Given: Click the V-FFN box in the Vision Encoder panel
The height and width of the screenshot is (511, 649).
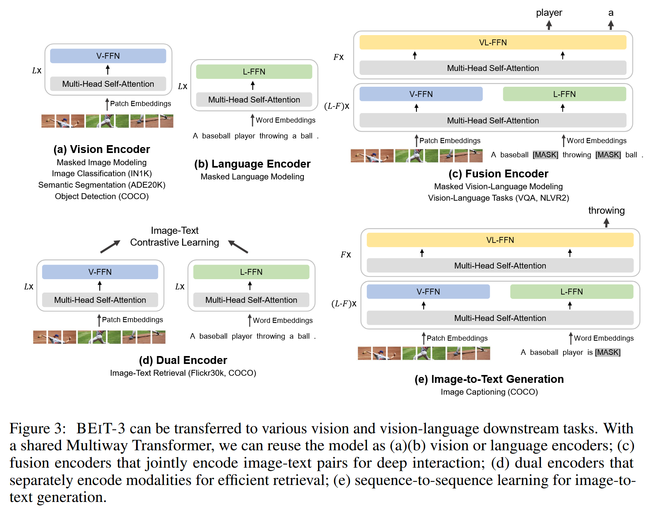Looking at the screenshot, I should pos(108,56).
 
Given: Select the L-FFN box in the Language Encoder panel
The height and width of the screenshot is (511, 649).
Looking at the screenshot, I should pos(254,72).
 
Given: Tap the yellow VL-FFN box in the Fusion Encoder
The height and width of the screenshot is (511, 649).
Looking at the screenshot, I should pos(493,43).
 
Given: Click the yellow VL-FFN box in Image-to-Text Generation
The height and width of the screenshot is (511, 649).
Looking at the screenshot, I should pos(500,240).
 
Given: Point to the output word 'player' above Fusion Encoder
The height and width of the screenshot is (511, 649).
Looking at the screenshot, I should pos(549,13).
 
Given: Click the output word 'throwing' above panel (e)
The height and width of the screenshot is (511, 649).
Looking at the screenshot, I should pos(606,211).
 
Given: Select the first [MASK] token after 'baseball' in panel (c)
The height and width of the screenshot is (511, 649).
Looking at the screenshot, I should pos(545,155).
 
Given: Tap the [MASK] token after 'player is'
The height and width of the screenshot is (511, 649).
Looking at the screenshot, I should pos(608,352).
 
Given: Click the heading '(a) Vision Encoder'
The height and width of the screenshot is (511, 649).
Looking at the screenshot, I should pos(102,149).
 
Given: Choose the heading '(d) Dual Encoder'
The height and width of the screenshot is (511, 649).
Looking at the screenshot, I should pos(183,360).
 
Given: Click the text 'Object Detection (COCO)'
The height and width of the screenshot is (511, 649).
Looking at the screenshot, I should pos(102,196).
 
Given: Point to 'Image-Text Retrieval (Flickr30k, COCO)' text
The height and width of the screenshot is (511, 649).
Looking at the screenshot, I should pos(183,373).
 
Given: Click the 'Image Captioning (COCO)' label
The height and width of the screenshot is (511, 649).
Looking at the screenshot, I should pos(489,392).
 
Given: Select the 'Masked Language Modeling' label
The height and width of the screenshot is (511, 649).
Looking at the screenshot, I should pos(252,177).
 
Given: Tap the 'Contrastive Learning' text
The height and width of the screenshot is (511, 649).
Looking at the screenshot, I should pos(175,242).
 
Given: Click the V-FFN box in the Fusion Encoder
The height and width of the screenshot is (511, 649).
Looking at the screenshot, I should pos(421,94).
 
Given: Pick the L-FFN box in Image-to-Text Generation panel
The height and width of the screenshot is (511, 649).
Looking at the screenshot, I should pos(571,292).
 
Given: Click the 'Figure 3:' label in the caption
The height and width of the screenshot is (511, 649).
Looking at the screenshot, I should pos(38,429).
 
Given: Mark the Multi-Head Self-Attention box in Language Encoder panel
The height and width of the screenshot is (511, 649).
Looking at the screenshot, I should pos(254,100).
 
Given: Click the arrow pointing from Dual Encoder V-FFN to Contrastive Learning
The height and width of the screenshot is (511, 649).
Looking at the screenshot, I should pos(110,247).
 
